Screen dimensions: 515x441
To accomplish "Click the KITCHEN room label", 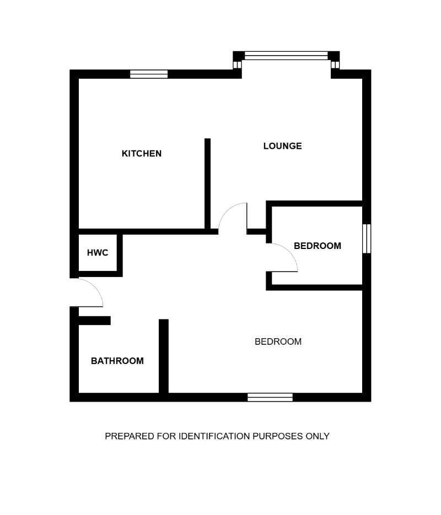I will (x=142, y=154).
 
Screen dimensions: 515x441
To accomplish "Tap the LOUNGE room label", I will (x=282, y=146).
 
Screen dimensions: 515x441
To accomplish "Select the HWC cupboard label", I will (x=98, y=253).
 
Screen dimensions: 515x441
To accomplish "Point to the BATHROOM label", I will (x=117, y=361).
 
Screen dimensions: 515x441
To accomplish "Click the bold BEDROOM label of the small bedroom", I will (x=317, y=246).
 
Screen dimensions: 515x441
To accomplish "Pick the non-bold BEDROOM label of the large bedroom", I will (x=278, y=341).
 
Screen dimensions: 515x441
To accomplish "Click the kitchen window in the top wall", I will (x=149, y=74).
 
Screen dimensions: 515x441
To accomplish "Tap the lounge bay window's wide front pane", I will (x=286, y=55).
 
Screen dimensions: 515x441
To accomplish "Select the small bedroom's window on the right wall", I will (x=366, y=238).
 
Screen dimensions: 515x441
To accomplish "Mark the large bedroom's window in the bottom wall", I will (x=270, y=397).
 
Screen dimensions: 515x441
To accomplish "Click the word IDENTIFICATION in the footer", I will (x=213, y=436).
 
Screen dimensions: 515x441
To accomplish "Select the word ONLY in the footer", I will (x=318, y=436).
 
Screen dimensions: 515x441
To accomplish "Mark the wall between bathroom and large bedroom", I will (x=163, y=356).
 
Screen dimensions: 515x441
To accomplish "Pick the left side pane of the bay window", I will (x=238, y=64).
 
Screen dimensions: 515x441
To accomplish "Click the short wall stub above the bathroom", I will (x=94, y=320).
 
